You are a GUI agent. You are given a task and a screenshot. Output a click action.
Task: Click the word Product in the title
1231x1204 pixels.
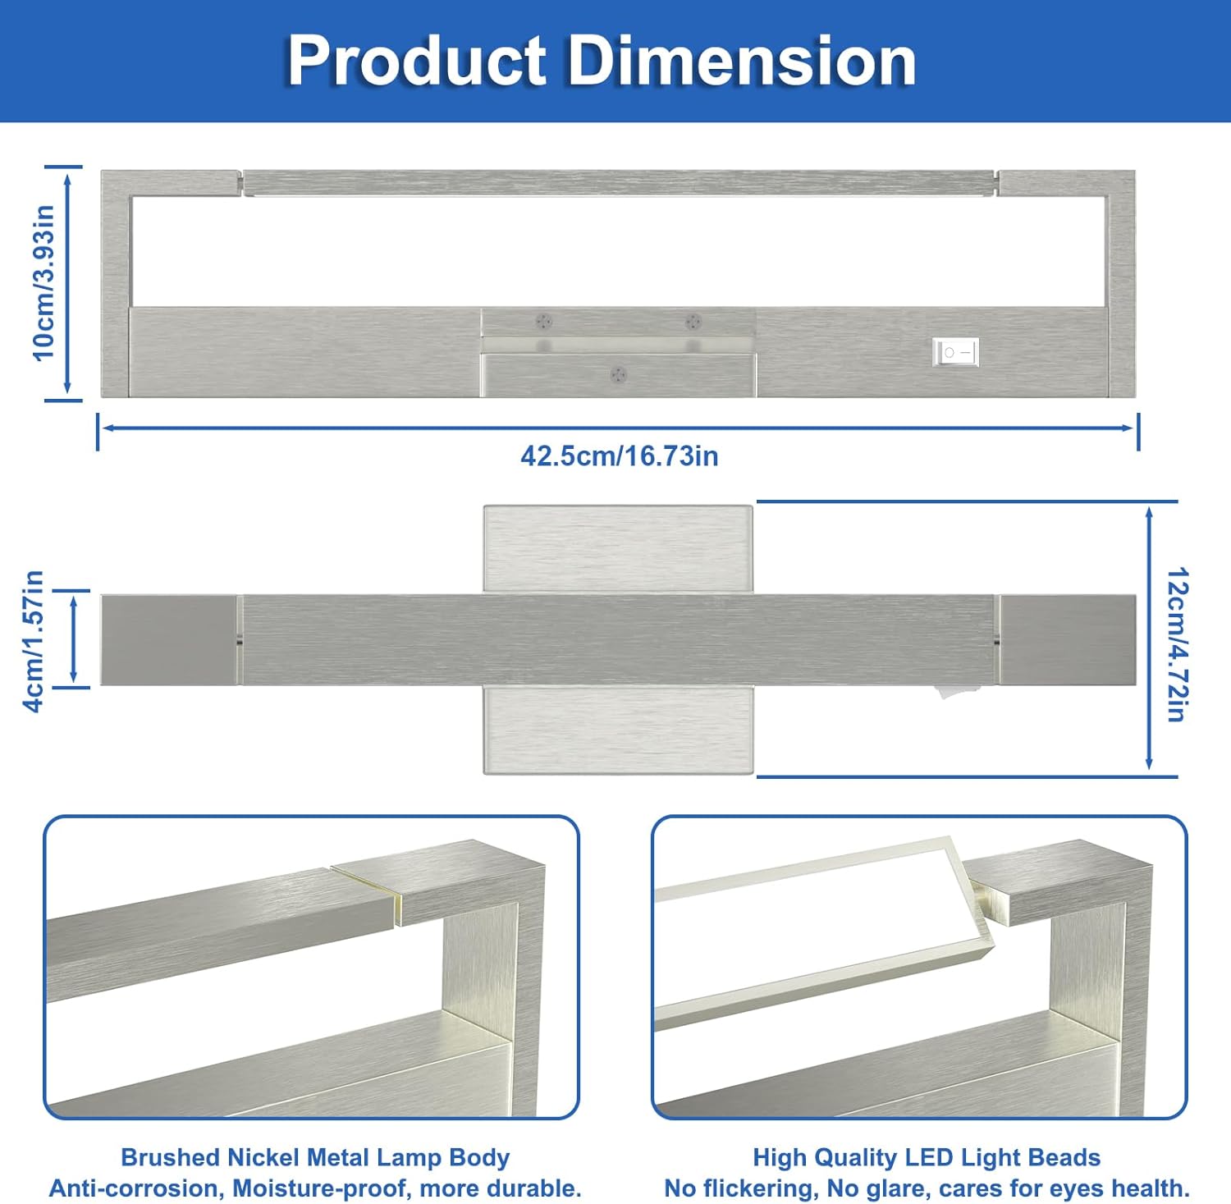[417, 62]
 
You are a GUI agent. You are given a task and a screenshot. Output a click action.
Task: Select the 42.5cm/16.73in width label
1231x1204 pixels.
[619, 456]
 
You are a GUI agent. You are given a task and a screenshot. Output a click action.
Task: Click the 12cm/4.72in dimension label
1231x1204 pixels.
[1176, 643]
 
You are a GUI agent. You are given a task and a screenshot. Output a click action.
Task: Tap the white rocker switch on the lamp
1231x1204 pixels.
[956, 352]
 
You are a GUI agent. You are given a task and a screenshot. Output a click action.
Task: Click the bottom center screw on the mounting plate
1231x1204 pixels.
[619, 375]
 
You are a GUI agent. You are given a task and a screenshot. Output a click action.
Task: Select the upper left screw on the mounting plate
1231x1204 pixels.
[543, 321]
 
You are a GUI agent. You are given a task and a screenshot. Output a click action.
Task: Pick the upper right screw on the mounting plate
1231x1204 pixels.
[693, 321]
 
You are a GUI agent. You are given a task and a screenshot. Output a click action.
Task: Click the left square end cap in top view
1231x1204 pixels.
[168, 639]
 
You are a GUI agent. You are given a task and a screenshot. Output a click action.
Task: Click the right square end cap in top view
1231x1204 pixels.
[1067, 639]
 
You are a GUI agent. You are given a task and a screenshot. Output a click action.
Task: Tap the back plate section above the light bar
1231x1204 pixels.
[618, 547]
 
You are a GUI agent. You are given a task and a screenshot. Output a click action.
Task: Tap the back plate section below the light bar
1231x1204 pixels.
[618, 730]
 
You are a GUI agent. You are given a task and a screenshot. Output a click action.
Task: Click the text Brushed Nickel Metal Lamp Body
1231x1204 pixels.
[315, 1157]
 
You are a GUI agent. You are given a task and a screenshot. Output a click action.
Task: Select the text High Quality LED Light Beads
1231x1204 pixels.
[927, 1157]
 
